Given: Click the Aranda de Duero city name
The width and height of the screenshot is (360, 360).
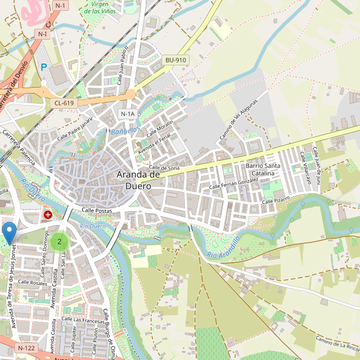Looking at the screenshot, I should (138, 180).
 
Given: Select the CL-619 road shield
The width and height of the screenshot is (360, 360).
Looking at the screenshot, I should (64, 103).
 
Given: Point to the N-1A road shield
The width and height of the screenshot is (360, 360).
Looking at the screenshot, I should (127, 114).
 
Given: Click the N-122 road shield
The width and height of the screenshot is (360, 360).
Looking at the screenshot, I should (26, 348).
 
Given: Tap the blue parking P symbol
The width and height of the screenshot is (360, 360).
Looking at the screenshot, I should (44, 68).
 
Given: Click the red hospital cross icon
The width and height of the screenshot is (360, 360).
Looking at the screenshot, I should (47, 214).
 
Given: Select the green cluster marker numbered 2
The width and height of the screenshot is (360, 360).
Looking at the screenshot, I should (59, 242).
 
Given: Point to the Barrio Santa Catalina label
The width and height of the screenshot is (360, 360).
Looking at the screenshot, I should (263, 169).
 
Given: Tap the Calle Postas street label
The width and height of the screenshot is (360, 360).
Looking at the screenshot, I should (97, 211).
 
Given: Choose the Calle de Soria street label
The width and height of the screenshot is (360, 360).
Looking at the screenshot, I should (164, 167).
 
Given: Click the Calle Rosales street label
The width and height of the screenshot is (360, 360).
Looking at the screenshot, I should (32, 282).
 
